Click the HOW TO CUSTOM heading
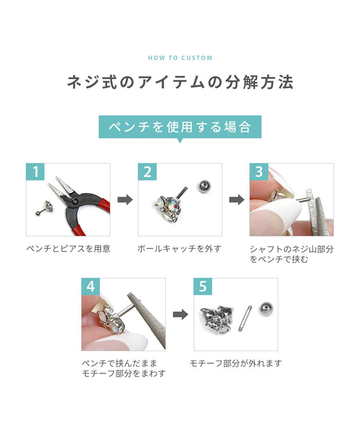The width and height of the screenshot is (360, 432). [180, 58]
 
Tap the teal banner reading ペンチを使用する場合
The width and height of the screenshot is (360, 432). [180, 127]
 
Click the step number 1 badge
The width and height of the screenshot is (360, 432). [35, 172]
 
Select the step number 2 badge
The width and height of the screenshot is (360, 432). [147, 172]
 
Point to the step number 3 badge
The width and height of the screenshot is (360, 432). [259, 172]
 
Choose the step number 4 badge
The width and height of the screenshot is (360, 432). [91, 286]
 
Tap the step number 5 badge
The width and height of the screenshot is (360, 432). [203, 286]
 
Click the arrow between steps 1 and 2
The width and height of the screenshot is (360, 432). [125, 200]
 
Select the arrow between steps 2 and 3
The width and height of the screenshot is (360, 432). [237, 200]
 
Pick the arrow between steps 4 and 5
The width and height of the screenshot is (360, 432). [181, 314]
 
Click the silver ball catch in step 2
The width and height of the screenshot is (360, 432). [204, 186]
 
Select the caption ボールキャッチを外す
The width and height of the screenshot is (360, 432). [179, 248]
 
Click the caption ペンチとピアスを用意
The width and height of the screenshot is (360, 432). [68, 248]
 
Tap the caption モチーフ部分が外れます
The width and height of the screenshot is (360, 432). [236, 364]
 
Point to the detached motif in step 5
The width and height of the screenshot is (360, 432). [218, 318]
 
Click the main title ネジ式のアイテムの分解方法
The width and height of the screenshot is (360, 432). [180, 82]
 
